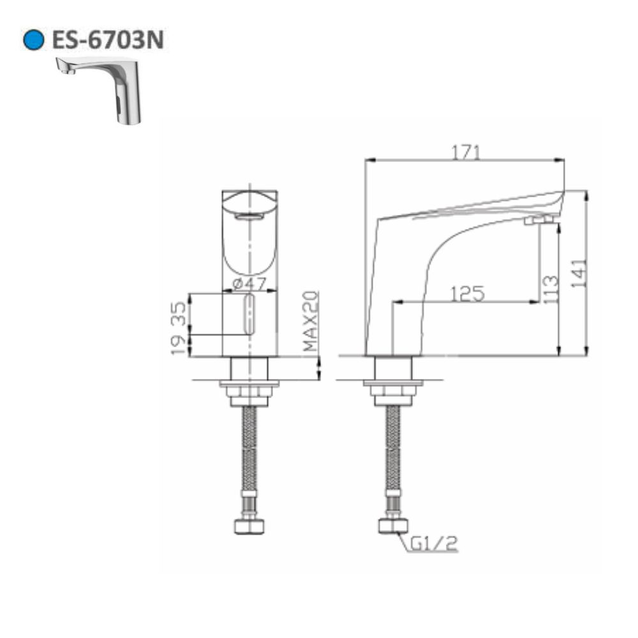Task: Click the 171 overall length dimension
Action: pos(466,152)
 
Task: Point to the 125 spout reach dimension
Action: pos(468,293)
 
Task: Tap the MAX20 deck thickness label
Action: pos(310,322)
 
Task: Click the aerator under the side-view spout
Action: pos(537,221)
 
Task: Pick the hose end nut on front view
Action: pos(248,526)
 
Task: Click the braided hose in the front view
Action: pos(248,453)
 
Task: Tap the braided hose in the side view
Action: pos(392,453)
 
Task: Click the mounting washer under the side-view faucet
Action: pos(392,384)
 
